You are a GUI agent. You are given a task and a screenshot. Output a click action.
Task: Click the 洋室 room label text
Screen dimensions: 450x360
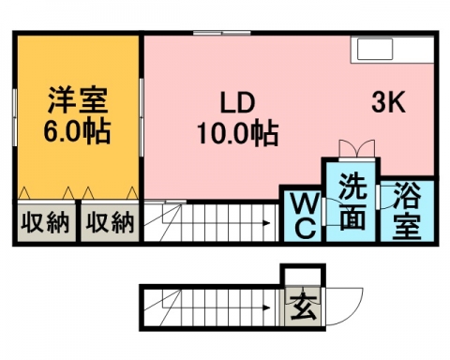click(x=78, y=99)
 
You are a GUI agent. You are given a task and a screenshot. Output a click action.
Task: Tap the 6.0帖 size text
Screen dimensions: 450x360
click(x=77, y=130)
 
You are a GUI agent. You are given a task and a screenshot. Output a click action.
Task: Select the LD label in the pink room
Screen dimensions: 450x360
click(x=237, y=103)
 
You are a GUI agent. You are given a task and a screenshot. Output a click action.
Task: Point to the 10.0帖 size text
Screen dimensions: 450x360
click(x=237, y=134)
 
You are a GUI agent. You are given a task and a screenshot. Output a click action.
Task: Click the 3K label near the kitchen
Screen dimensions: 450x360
click(x=388, y=102)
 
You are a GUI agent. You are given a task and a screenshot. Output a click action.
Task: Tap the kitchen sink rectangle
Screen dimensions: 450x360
click(x=375, y=49)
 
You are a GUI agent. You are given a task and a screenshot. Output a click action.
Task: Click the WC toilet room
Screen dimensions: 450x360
click(x=302, y=216)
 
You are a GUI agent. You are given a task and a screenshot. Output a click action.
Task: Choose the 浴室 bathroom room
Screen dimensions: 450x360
click(x=407, y=211)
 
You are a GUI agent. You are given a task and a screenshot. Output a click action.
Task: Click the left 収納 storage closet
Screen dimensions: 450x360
click(x=46, y=222)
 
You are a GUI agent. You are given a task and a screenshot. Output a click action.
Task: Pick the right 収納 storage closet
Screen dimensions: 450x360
click(x=110, y=222)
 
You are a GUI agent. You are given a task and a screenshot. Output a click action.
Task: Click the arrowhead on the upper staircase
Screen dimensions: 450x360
click(x=266, y=223)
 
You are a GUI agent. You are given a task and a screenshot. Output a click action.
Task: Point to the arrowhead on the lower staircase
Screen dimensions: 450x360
click(x=266, y=307)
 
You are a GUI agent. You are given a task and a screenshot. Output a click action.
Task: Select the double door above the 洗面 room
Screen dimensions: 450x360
click(x=357, y=149)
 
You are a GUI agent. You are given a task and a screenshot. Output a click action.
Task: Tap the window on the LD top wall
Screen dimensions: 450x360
click(x=222, y=33)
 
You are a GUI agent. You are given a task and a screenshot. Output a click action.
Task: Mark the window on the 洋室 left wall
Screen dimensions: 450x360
click(x=15, y=117)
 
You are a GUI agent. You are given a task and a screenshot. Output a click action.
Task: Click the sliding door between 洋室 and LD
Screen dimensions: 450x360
click(x=142, y=117)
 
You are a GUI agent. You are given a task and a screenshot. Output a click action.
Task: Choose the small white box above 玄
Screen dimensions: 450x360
click(x=302, y=277)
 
